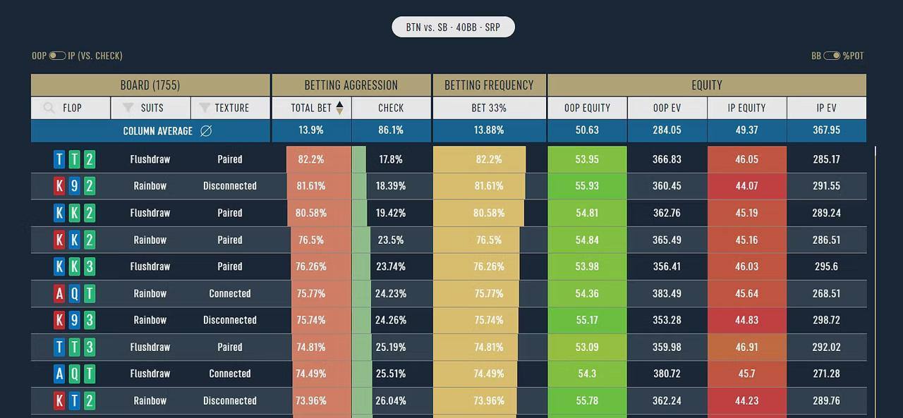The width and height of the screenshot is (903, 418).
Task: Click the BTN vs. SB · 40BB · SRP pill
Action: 453,27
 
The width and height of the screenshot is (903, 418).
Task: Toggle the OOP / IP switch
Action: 57,56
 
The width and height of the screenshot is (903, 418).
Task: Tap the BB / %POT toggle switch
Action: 832,56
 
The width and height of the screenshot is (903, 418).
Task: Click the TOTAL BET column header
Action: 311,108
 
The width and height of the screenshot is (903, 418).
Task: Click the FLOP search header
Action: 71,108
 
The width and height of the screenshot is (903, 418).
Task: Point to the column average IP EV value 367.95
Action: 826,130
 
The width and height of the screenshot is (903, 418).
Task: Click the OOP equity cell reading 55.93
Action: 587,186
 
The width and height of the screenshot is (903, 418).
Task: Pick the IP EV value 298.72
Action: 826,320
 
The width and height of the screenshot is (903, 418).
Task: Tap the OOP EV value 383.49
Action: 667,293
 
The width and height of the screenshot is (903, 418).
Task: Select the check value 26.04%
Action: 391,400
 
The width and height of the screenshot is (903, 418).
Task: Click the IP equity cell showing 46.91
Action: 746,347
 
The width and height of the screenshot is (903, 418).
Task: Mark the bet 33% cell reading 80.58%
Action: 489,213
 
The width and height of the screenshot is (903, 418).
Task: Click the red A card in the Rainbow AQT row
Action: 59,293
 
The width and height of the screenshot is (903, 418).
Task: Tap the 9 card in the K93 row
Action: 74,320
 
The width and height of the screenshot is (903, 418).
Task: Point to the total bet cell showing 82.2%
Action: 311,159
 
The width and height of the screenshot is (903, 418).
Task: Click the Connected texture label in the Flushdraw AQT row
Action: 230,374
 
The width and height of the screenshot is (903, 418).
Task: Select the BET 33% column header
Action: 489,108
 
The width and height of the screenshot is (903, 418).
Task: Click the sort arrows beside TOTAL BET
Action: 340,108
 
